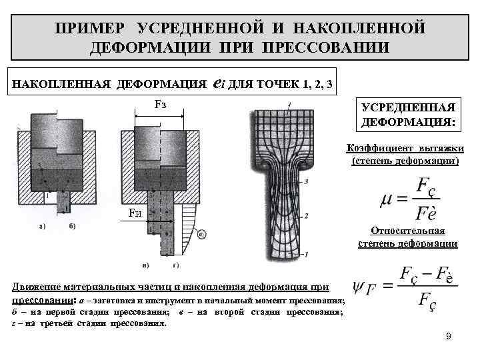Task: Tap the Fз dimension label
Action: pos(160,105)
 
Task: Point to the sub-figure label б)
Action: pos(71,225)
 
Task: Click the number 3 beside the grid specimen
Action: pos(305,181)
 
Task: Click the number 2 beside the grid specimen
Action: pos(305,216)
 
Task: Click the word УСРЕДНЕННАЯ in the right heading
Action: pos(408,108)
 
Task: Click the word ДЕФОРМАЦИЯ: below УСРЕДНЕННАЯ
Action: pos(408,123)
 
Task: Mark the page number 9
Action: pos(449,337)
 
